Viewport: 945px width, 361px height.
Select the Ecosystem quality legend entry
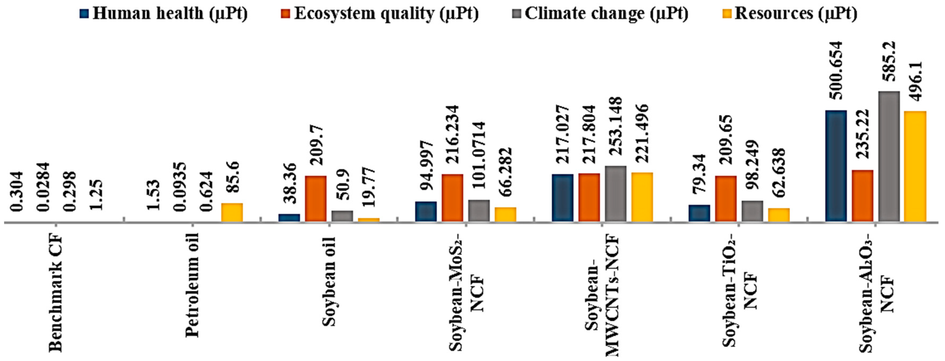[380, 14]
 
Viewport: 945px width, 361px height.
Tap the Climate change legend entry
[600, 14]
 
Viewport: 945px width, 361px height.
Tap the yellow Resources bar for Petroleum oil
[232, 212]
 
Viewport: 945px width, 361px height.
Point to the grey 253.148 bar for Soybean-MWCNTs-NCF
[616, 194]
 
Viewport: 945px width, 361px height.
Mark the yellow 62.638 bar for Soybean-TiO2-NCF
[779, 215]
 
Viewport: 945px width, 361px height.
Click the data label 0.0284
[44, 187]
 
